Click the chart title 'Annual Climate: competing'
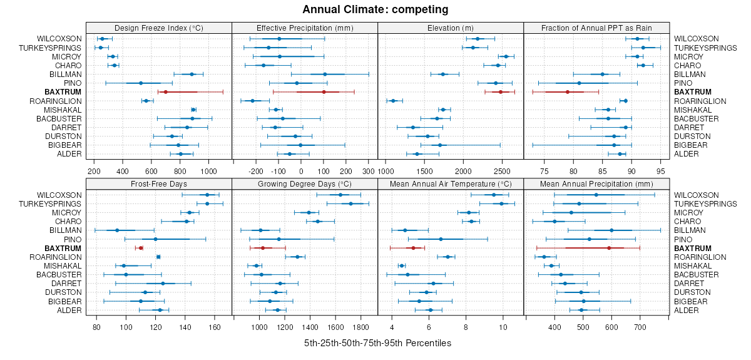coord(375,9)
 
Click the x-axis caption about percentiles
coord(377,343)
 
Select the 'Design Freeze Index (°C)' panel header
coord(158,28)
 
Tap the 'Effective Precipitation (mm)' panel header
coord(305,28)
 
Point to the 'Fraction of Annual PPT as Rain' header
coord(596,28)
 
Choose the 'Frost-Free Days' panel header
coord(158,184)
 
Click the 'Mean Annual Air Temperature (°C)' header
coord(451,184)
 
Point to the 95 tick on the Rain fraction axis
coord(661,170)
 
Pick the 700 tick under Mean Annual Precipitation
coord(640,327)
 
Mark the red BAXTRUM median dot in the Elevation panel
coord(501,92)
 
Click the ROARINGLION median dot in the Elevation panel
coord(393,101)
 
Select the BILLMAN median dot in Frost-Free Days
coord(117,230)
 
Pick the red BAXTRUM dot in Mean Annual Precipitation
coord(609,248)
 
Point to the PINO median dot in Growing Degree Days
coord(279,239)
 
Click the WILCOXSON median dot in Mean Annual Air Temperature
coord(494,195)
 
